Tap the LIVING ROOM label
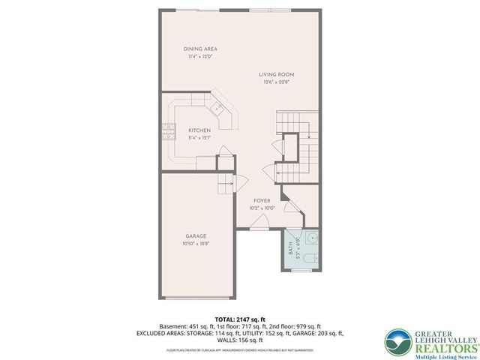[277, 75]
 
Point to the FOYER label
[262, 201]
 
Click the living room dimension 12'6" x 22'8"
[277, 82]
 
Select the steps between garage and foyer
[223, 184]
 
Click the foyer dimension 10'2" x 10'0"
[262, 208]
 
